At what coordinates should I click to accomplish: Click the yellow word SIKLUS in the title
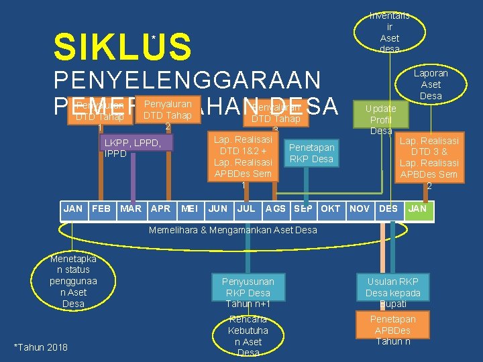coord(122,48)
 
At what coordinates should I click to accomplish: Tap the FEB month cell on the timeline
coord(101,208)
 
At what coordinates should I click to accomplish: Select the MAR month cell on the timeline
coord(130,208)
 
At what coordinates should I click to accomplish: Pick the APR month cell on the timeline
coord(160,208)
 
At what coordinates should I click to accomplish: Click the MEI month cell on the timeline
coord(189,208)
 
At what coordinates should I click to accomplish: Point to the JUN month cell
coord(217,208)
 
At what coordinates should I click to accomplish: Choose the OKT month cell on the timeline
coord(330,208)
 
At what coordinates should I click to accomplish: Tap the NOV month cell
coord(360,208)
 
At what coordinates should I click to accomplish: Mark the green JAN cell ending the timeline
coord(417,208)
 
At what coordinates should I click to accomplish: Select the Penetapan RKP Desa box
coord(311,153)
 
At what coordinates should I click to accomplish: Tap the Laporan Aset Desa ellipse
coord(431,84)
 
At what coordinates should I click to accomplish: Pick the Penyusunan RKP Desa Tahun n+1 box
coord(249,292)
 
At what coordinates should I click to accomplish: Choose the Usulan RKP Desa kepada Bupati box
coord(392,292)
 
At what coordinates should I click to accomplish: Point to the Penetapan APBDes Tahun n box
coord(392,330)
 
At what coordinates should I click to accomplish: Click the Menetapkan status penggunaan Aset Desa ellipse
coord(73,281)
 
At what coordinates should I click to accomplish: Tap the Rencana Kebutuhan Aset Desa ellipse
coord(248,336)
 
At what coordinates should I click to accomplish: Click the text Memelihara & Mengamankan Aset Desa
coord(232,231)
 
